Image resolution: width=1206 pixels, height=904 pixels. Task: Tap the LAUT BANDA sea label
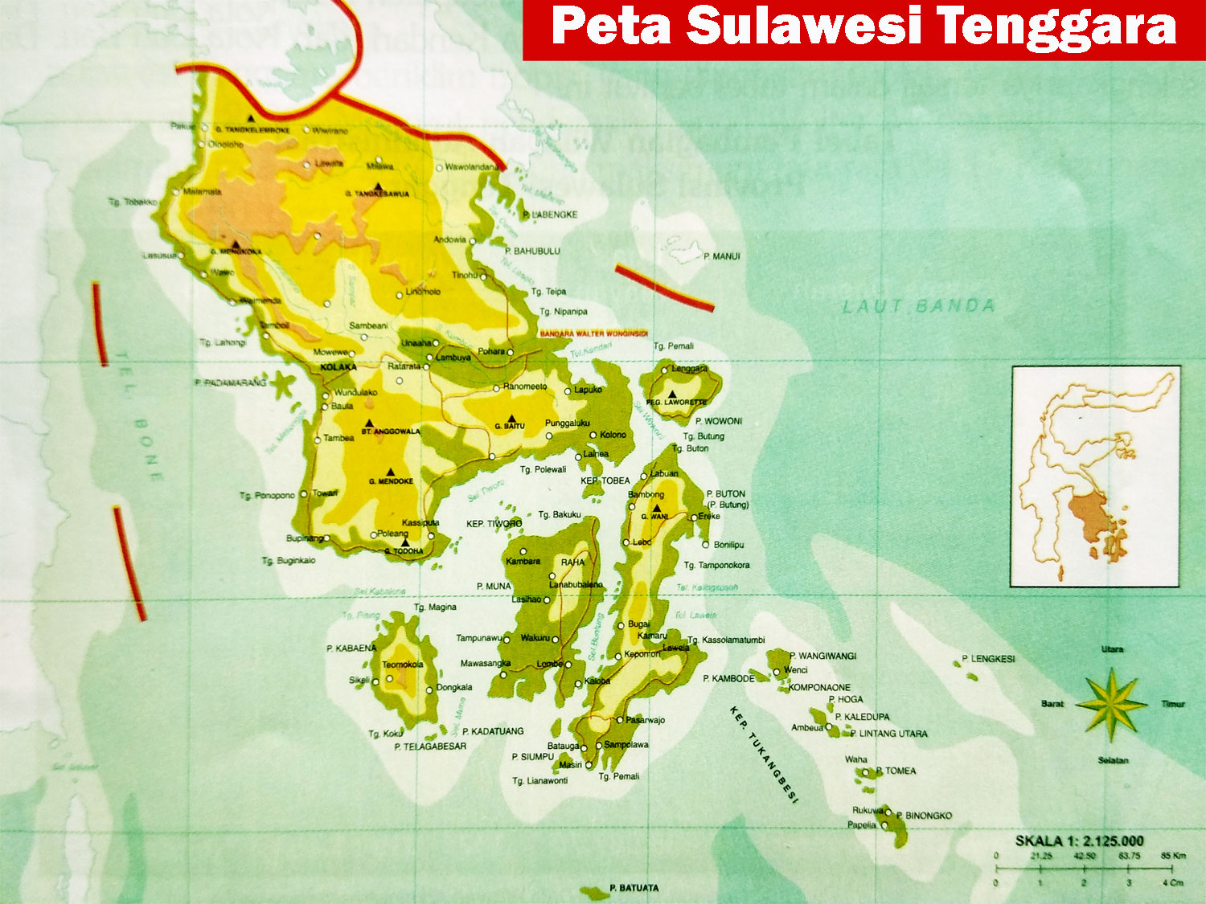coord(919,306)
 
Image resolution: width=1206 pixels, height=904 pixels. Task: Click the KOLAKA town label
coord(338,367)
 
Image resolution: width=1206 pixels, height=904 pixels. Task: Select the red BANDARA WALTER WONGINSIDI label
coord(593,333)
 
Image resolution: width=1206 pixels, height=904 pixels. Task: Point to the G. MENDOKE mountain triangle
coord(391,472)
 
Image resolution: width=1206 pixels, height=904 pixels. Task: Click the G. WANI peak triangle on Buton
coord(656,509)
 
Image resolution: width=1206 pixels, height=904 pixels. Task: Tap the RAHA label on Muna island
coord(572,562)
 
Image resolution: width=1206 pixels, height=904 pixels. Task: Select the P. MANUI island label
coord(721,256)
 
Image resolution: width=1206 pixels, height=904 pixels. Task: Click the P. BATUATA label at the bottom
coord(634,888)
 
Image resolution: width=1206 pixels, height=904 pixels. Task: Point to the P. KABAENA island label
coord(351,648)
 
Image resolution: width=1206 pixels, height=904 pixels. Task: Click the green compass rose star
coord(1111,705)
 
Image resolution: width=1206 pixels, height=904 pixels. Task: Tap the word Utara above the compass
coord(1112,649)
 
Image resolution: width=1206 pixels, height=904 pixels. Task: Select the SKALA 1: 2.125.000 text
coord(1079,841)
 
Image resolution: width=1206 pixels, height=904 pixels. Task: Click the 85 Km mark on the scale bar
coord(1172,856)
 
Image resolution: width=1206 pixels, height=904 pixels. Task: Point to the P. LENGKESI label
coord(988,659)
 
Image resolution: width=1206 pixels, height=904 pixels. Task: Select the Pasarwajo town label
coord(646,720)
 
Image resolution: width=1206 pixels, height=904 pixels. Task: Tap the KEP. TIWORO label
coord(494,524)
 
